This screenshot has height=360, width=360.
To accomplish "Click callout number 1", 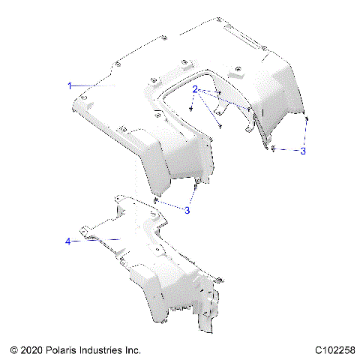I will pos(70,86).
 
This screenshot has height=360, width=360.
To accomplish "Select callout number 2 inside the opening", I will pos(195,89).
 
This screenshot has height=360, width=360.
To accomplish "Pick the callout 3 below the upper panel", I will pos(187,211).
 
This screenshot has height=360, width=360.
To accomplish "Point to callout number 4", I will pos(68,241).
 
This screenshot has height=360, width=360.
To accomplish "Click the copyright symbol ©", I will pos(13,350).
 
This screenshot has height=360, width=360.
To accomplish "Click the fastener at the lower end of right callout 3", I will pos(274,148).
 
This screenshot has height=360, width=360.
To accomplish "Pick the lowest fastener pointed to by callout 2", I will pos(221,124).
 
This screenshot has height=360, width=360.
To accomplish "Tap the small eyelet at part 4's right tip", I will pos(220,279).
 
